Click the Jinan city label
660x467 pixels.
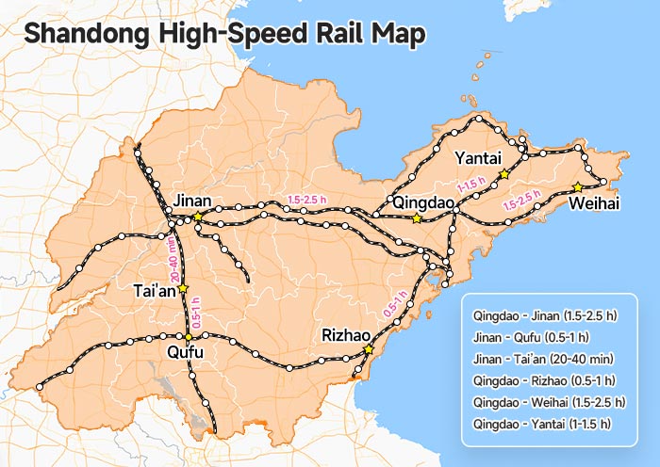coord(191,200)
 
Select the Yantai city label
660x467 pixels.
coord(477,156)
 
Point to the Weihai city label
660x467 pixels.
coord(595,203)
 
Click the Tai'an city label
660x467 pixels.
coord(154,291)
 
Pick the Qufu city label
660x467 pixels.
coord(185,352)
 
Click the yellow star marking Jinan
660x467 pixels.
coord(198,217)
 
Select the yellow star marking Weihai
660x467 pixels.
coord(577,186)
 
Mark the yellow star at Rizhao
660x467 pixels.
coord(369,349)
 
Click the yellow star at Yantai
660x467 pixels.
coord(504,174)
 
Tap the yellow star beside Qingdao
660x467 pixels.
coord(417,218)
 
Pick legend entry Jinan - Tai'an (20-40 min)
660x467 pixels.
coord(544,359)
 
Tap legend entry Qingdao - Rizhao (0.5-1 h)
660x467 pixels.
coord(540,380)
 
